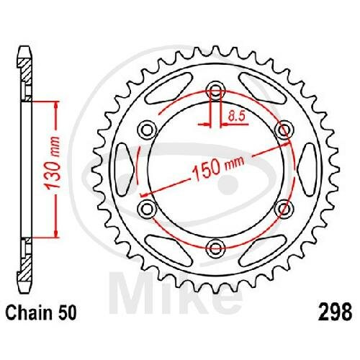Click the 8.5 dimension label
click(236, 116)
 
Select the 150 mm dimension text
click(218, 166)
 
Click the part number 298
click(335, 311)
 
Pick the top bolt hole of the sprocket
click(215, 91)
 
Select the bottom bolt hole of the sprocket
click(215, 248)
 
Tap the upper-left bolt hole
click(148, 130)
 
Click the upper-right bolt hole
click(284, 130)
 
